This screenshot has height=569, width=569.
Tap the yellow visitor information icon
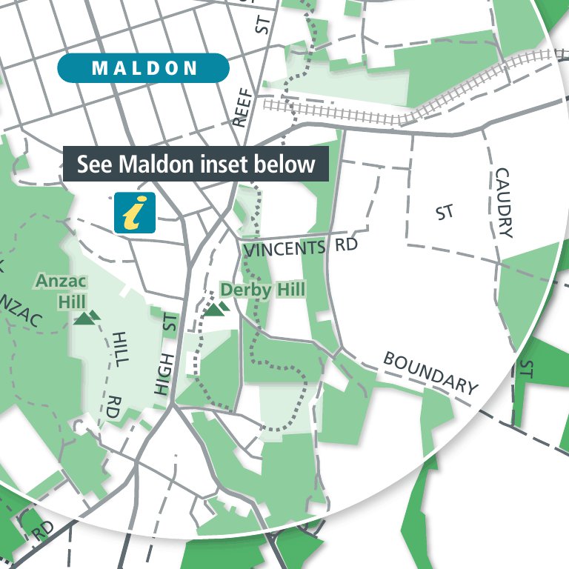coord(134,212)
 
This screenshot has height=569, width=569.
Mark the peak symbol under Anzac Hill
coord(87,319)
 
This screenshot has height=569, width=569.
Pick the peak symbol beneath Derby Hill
coord(215,307)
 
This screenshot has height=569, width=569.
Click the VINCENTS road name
coord(284,248)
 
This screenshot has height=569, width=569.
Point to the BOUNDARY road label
coord(430,372)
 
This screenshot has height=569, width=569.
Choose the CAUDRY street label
coord(504,202)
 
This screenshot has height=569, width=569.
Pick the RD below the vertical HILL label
coord(113,408)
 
